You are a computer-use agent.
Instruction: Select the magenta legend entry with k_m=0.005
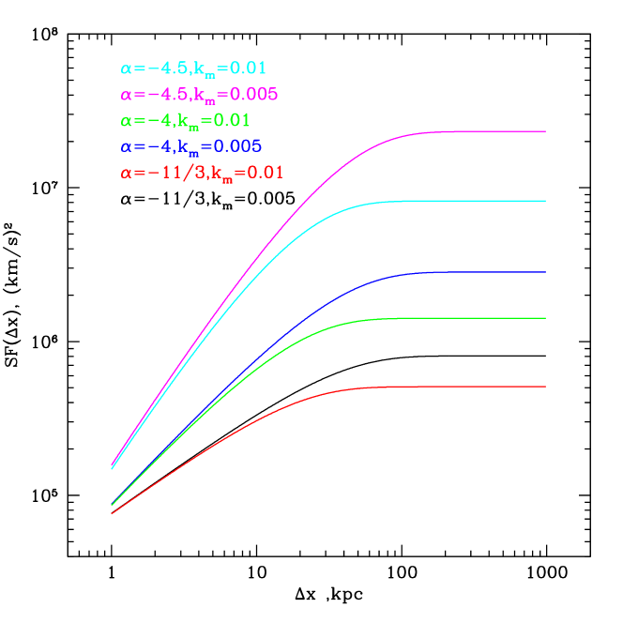pos(199,95)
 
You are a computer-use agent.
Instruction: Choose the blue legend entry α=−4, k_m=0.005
pos(190,146)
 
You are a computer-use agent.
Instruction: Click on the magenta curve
pos(469,131)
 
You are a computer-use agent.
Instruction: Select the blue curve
pos(469,272)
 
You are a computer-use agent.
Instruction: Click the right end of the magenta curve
pos(545,131)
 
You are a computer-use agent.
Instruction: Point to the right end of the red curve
pos(545,387)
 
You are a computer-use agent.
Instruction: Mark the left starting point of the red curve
pos(113,513)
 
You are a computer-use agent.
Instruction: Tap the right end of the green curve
pos(545,318)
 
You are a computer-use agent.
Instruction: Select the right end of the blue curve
pos(545,272)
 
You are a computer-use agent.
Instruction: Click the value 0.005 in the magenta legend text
pos(254,95)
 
